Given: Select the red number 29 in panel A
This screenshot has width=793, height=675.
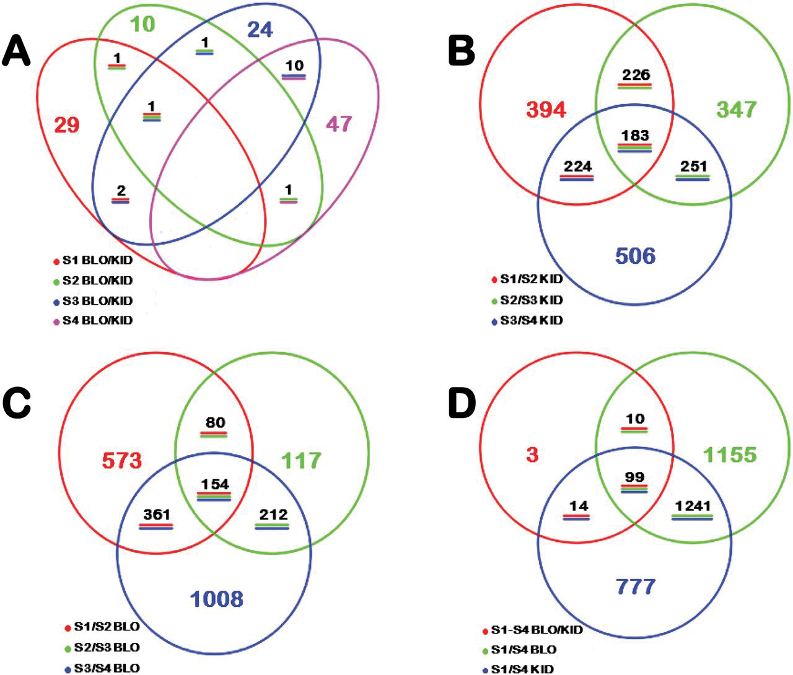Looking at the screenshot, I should click(x=67, y=125).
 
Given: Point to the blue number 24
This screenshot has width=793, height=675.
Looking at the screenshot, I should click(x=260, y=30).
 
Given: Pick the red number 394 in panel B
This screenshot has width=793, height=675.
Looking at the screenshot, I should click(x=546, y=110).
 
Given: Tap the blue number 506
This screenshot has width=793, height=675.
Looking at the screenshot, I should click(x=635, y=255).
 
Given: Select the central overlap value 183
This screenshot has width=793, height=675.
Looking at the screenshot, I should click(x=635, y=136).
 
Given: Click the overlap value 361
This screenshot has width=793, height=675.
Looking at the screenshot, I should click(x=156, y=515).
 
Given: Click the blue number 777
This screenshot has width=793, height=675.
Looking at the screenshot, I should click(x=636, y=586).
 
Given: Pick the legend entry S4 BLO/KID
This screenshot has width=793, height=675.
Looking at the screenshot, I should click(x=97, y=321).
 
